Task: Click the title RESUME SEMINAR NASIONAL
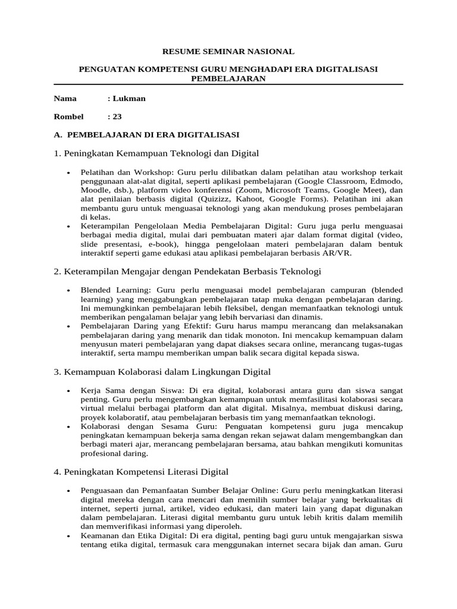pyautogui.click(x=229, y=52)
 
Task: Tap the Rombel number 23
pyautogui.click(x=117, y=117)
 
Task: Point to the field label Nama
pyautogui.click(x=65, y=99)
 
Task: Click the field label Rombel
pyautogui.click(x=68, y=117)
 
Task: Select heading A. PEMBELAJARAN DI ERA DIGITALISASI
pyautogui.click(x=146, y=134)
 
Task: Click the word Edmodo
pyautogui.click(x=386, y=180)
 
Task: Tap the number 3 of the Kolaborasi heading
pyautogui.click(x=56, y=372)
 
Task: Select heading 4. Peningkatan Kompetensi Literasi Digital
pyautogui.click(x=141, y=472)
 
